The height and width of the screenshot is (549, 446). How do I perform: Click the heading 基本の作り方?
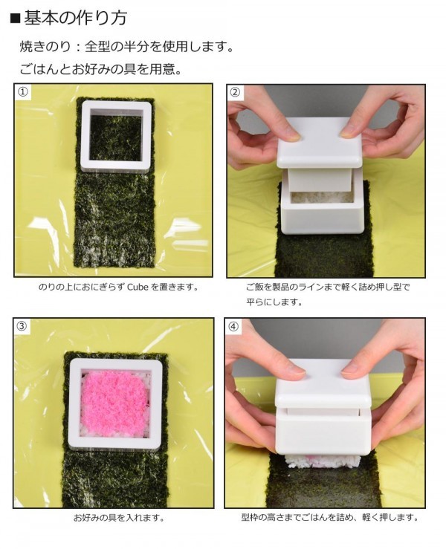point(75,19)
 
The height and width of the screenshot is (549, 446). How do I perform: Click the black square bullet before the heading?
point(15,19)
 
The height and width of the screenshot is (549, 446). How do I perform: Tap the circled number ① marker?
point(22,91)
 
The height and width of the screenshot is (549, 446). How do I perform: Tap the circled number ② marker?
point(235,92)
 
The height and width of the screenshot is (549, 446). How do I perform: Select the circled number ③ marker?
point(22,326)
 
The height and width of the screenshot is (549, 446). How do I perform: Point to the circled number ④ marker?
point(233,326)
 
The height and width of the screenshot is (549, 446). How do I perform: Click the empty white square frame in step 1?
point(117,136)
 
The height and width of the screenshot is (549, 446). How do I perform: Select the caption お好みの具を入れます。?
point(119,518)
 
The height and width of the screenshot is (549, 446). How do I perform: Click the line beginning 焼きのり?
point(126,47)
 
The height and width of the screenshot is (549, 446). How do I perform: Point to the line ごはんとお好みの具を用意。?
point(101,69)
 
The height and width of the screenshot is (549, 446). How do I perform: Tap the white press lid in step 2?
point(319,143)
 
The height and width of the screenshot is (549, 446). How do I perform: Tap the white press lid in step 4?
point(323,383)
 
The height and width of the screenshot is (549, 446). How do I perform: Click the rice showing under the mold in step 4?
point(323,462)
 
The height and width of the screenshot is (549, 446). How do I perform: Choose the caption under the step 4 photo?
point(330,517)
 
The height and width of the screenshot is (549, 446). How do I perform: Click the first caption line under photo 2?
point(328,288)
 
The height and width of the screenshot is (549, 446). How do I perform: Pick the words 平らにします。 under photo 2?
point(274,302)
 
